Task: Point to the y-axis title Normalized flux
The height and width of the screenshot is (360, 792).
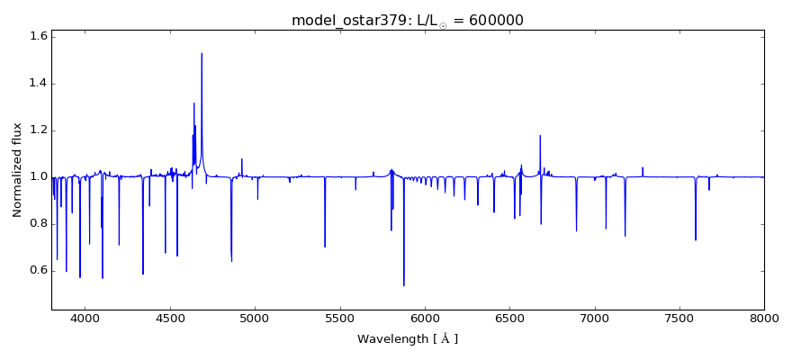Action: coord(17,170)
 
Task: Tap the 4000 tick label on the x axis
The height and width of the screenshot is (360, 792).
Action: coord(85,318)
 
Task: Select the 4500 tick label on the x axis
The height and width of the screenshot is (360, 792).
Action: coord(170,318)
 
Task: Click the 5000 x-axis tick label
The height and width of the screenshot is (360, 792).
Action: coord(255,318)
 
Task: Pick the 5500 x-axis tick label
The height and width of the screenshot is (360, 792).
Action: coord(340,318)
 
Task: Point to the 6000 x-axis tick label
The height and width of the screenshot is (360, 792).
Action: coord(425,318)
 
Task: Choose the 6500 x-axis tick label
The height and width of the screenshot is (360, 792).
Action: coord(509,318)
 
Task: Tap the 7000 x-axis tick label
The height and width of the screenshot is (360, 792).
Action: coord(595,318)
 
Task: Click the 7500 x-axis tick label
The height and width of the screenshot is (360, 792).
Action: coord(679,318)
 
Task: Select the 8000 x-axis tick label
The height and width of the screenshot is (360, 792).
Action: coord(764,318)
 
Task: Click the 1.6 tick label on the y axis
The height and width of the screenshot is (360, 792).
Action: coord(37,37)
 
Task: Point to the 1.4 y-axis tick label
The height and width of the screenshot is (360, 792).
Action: coord(37,84)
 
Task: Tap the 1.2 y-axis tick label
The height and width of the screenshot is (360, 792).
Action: coord(37,130)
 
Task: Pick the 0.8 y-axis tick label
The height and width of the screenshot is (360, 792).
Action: coord(37,224)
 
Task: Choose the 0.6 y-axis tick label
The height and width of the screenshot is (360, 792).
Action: coord(37,271)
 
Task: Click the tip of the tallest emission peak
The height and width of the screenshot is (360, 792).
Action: coord(202,53)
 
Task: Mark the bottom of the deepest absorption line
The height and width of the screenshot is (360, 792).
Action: coord(404,285)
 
